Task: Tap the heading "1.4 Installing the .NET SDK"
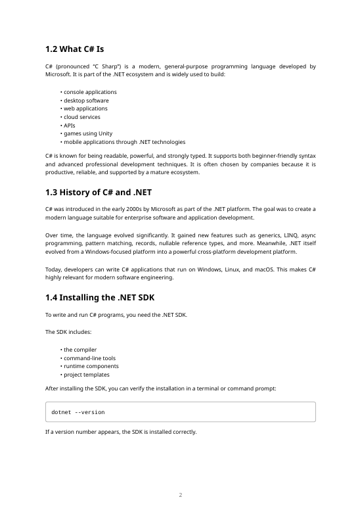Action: point(99,298)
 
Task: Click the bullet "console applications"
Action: point(90,92)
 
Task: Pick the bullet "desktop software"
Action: point(86,101)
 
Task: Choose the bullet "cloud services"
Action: point(82,117)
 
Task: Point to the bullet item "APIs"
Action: point(69,126)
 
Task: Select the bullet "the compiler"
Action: point(80,350)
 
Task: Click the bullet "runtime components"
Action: point(91,366)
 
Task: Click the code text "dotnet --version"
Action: point(78,412)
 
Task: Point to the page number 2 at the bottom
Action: point(180,494)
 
